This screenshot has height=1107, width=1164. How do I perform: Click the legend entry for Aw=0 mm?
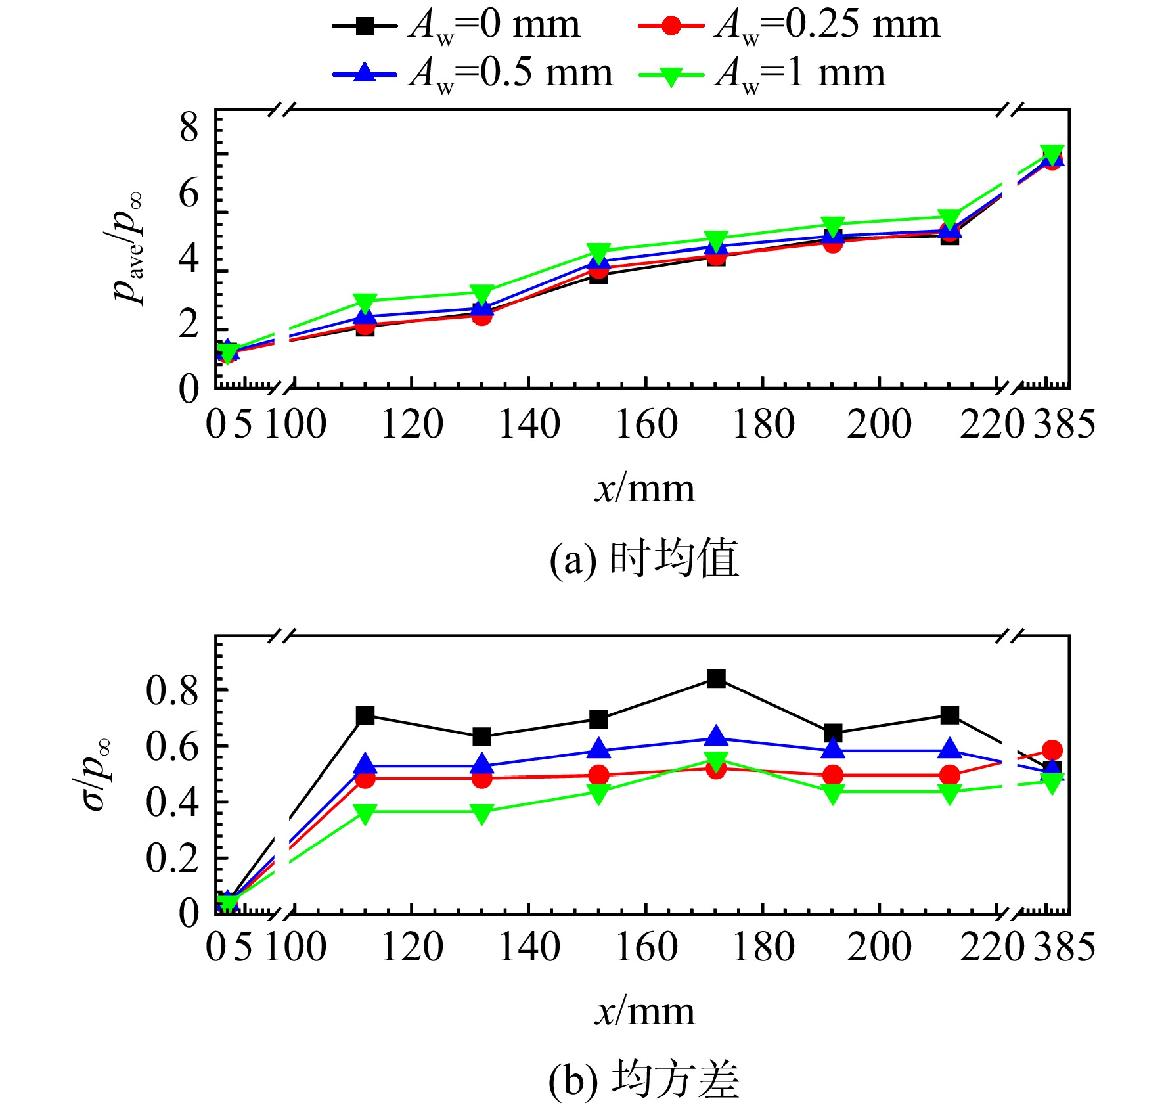[x=457, y=26]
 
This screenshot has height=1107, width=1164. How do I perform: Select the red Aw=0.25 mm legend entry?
[x=789, y=26]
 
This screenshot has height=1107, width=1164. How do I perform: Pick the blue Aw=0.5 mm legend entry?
[x=472, y=74]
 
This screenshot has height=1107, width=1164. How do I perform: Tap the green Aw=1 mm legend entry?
[x=762, y=74]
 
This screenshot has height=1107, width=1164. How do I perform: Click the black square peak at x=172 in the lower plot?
[x=716, y=678]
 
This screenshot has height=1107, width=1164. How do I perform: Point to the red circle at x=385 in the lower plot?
[x=1052, y=750]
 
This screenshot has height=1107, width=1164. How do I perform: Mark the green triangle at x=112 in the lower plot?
[x=365, y=814]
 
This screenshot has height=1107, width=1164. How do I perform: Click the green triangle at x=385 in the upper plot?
[x=1052, y=154]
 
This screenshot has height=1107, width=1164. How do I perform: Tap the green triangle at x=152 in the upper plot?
[x=598, y=252]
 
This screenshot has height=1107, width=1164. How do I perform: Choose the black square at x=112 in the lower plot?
[x=365, y=715]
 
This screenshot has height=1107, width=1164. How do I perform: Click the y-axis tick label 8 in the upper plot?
[x=189, y=127]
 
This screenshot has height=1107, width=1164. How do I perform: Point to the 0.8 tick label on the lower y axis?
[x=172, y=690]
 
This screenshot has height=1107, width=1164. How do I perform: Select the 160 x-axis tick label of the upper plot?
[x=646, y=424]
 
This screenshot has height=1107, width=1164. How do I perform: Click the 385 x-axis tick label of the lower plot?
[x=1065, y=947]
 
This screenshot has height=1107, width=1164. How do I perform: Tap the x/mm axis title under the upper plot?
[x=645, y=489]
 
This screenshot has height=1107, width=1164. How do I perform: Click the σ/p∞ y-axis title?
[x=92, y=775]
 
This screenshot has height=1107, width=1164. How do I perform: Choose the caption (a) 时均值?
[x=644, y=559]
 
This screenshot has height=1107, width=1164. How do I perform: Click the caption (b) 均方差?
[x=644, y=1081]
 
